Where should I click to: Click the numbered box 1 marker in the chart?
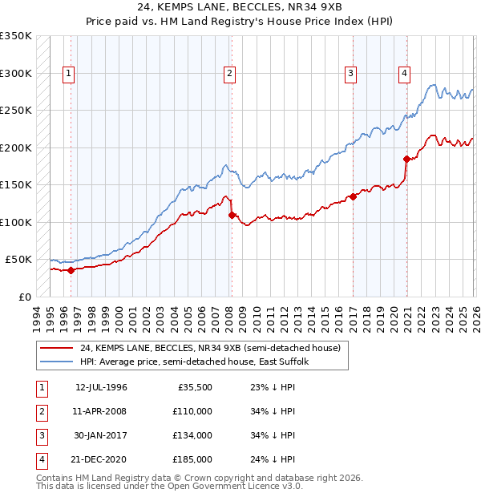pyautogui.click(x=68, y=74)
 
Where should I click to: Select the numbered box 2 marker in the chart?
pyautogui.click(x=229, y=74)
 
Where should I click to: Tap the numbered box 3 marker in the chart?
pyautogui.click(x=350, y=74)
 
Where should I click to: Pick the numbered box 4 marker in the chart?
pyautogui.click(x=404, y=74)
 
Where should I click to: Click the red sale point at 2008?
pyautogui.click(x=232, y=215)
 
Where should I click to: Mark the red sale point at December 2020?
pyautogui.click(x=407, y=159)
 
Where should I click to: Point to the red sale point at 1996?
pyautogui.click(x=71, y=270)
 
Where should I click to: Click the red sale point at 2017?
pyautogui.click(x=353, y=196)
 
